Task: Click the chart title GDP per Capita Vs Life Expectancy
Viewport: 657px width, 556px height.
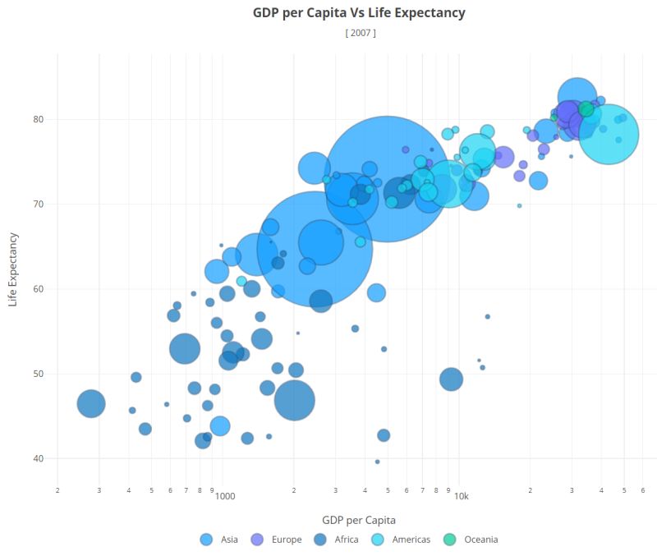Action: point(358,13)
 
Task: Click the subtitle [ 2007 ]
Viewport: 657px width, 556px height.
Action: point(361,33)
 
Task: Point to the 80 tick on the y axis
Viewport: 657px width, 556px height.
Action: point(38,119)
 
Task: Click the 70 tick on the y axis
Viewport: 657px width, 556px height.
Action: point(38,204)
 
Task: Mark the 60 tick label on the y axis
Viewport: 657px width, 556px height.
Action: point(38,289)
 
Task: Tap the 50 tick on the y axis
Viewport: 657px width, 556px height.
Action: point(38,374)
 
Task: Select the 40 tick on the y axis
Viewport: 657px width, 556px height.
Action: point(38,458)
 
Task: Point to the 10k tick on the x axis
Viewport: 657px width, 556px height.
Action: point(461,497)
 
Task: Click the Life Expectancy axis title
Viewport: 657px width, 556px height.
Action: point(13,269)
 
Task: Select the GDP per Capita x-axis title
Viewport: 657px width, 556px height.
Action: point(358,520)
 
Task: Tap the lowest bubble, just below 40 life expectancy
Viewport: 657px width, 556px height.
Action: point(377,462)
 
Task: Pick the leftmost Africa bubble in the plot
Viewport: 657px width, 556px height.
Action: point(91,403)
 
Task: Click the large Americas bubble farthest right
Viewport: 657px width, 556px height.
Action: point(609,134)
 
